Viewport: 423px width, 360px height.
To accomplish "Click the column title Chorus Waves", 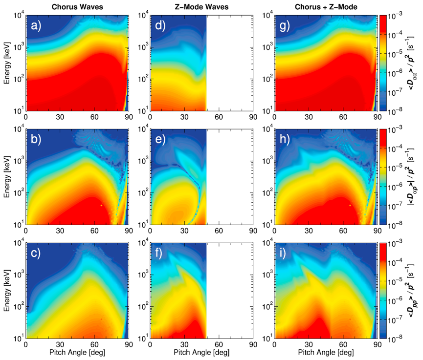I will (77, 7).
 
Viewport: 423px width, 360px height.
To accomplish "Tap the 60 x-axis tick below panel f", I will (218, 344).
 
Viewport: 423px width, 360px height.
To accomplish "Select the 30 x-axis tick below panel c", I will (60, 344).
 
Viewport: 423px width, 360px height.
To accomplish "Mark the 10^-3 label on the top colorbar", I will (395, 16).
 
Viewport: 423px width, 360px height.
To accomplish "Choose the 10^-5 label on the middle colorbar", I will (395, 167).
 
